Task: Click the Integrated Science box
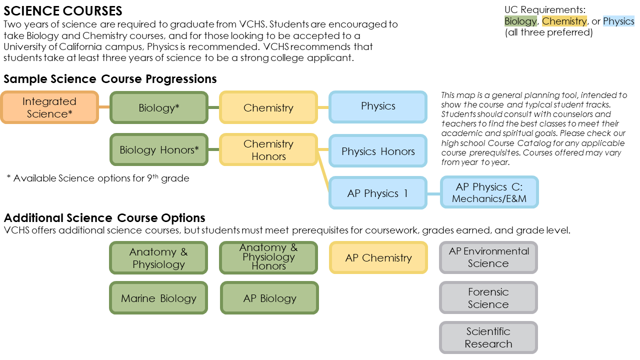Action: (49, 107)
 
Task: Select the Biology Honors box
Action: (158, 149)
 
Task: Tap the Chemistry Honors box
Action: (268, 149)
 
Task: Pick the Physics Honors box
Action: (378, 151)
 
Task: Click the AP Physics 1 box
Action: (378, 193)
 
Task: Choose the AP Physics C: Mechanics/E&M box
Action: (489, 192)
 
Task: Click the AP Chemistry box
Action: (378, 258)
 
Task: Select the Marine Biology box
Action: (158, 298)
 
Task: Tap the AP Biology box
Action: (269, 298)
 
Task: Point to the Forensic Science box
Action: (488, 298)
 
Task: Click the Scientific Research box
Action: (488, 337)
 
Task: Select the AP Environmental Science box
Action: (488, 257)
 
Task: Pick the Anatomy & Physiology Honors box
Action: (268, 257)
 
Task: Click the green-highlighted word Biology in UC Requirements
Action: (520, 21)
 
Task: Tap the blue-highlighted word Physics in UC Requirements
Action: (618, 21)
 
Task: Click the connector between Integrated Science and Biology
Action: (104, 107)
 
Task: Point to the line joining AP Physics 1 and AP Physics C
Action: (433, 193)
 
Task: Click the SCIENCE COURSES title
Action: (62, 10)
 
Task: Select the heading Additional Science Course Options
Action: (104, 218)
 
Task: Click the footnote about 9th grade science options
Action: (98, 178)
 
